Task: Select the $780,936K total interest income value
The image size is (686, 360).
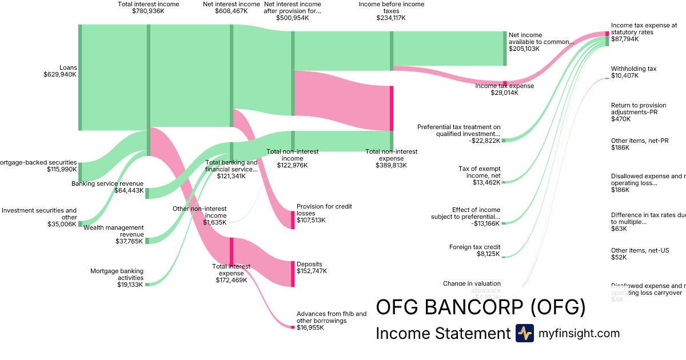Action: pos(148,11)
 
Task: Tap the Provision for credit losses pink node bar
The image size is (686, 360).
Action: pos(293,220)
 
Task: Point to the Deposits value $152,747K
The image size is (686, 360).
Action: pos(312,271)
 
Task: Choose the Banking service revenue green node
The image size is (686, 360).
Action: pos(147,193)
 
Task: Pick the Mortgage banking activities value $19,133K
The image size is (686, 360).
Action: pos(130,285)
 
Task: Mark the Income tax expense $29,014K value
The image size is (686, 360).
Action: pos(504,93)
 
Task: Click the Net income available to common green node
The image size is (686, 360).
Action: pos(505,49)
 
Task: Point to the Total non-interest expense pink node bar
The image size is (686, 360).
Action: pos(392,108)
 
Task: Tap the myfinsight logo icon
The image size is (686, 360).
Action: pos(524,333)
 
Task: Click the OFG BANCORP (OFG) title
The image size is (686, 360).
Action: pos(480,307)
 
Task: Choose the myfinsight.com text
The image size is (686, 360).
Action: pos(579,333)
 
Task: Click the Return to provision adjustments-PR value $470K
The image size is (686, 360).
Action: pos(621,119)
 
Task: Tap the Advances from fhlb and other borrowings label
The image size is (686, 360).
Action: pos(332,317)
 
